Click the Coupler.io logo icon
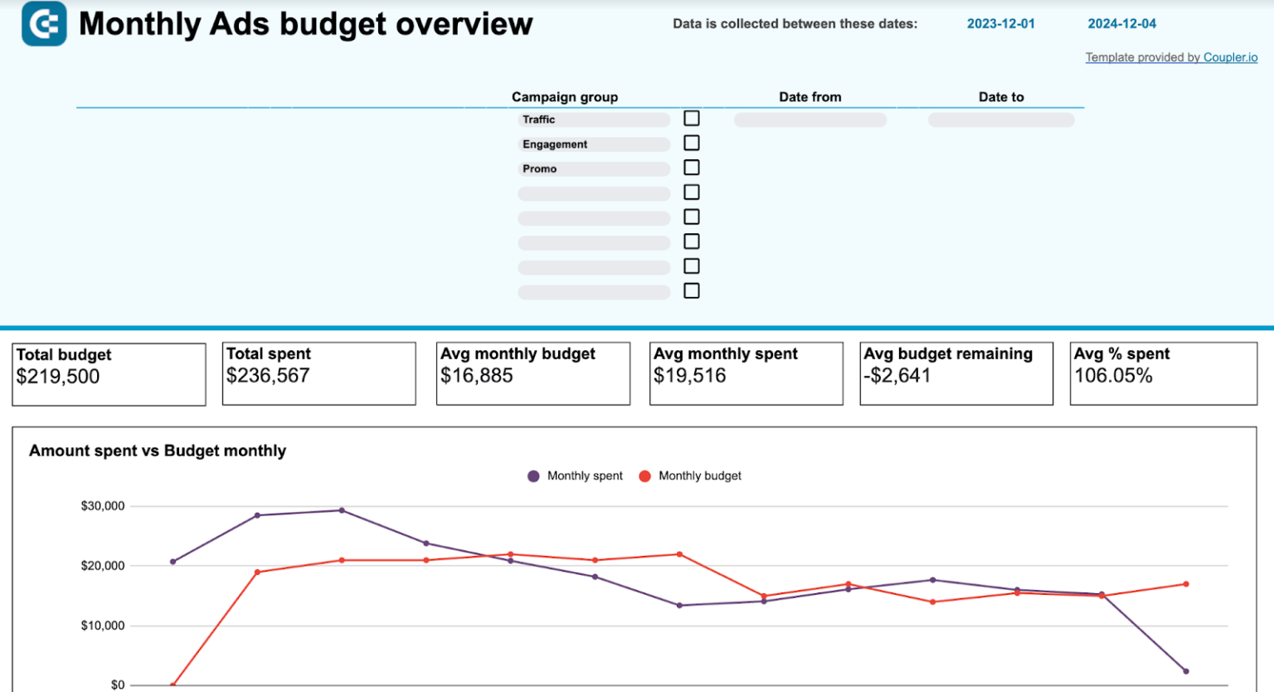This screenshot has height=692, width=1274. [44, 23]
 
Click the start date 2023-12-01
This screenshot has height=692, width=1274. [1000, 24]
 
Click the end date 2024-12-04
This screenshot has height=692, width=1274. [1121, 24]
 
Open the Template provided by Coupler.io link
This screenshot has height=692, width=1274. [1171, 57]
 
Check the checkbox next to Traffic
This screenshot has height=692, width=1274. [691, 119]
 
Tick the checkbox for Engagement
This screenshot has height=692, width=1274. [691, 144]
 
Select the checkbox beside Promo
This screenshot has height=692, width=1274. [691, 168]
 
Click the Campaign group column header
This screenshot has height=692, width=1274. [564, 97]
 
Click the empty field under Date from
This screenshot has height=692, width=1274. [810, 120]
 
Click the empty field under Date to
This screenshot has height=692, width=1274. [1000, 120]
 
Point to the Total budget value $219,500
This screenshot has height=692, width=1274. [58, 377]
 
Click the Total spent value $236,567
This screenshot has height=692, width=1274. [268, 376]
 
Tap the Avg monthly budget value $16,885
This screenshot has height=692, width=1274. [477, 376]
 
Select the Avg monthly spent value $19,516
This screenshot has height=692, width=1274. [689, 376]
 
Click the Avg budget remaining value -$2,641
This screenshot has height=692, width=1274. [897, 376]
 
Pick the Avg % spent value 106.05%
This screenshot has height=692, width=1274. [1113, 376]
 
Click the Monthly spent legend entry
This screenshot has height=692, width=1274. [576, 476]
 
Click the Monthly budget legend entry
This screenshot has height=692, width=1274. [690, 476]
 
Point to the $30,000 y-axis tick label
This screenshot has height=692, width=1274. [103, 506]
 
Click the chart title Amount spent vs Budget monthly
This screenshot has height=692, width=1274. [158, 451]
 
